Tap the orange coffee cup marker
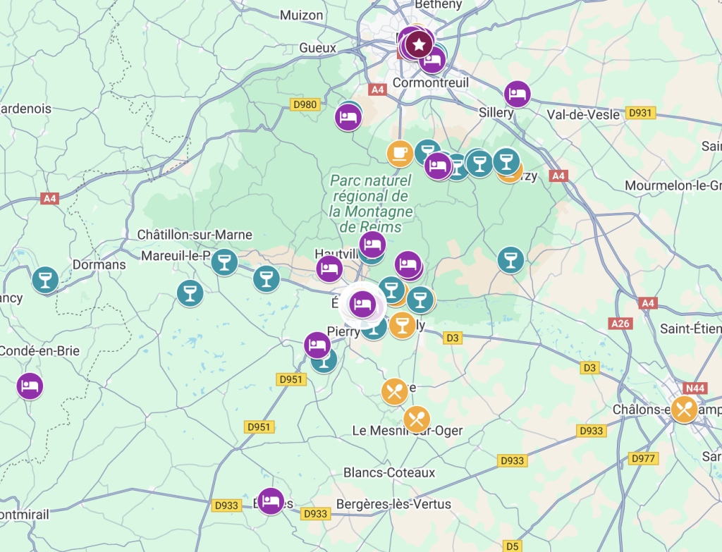[400, 153]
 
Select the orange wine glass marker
[403, 325]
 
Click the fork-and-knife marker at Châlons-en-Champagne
[683, 409]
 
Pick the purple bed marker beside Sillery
[517, 94]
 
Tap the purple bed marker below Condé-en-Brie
[29, 386]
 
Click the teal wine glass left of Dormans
[45, 278]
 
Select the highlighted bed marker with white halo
[362, 304]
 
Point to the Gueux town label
[317, 48]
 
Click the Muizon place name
[301, 15]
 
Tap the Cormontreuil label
[430, 83]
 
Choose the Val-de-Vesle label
[583, 114]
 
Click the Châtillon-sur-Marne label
[195, 235]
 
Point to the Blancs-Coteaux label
[389, 472]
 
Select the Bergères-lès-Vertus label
[393, 504]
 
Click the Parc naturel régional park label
[370, 204]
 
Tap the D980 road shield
[305, 105]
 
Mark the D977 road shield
[643, 459]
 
